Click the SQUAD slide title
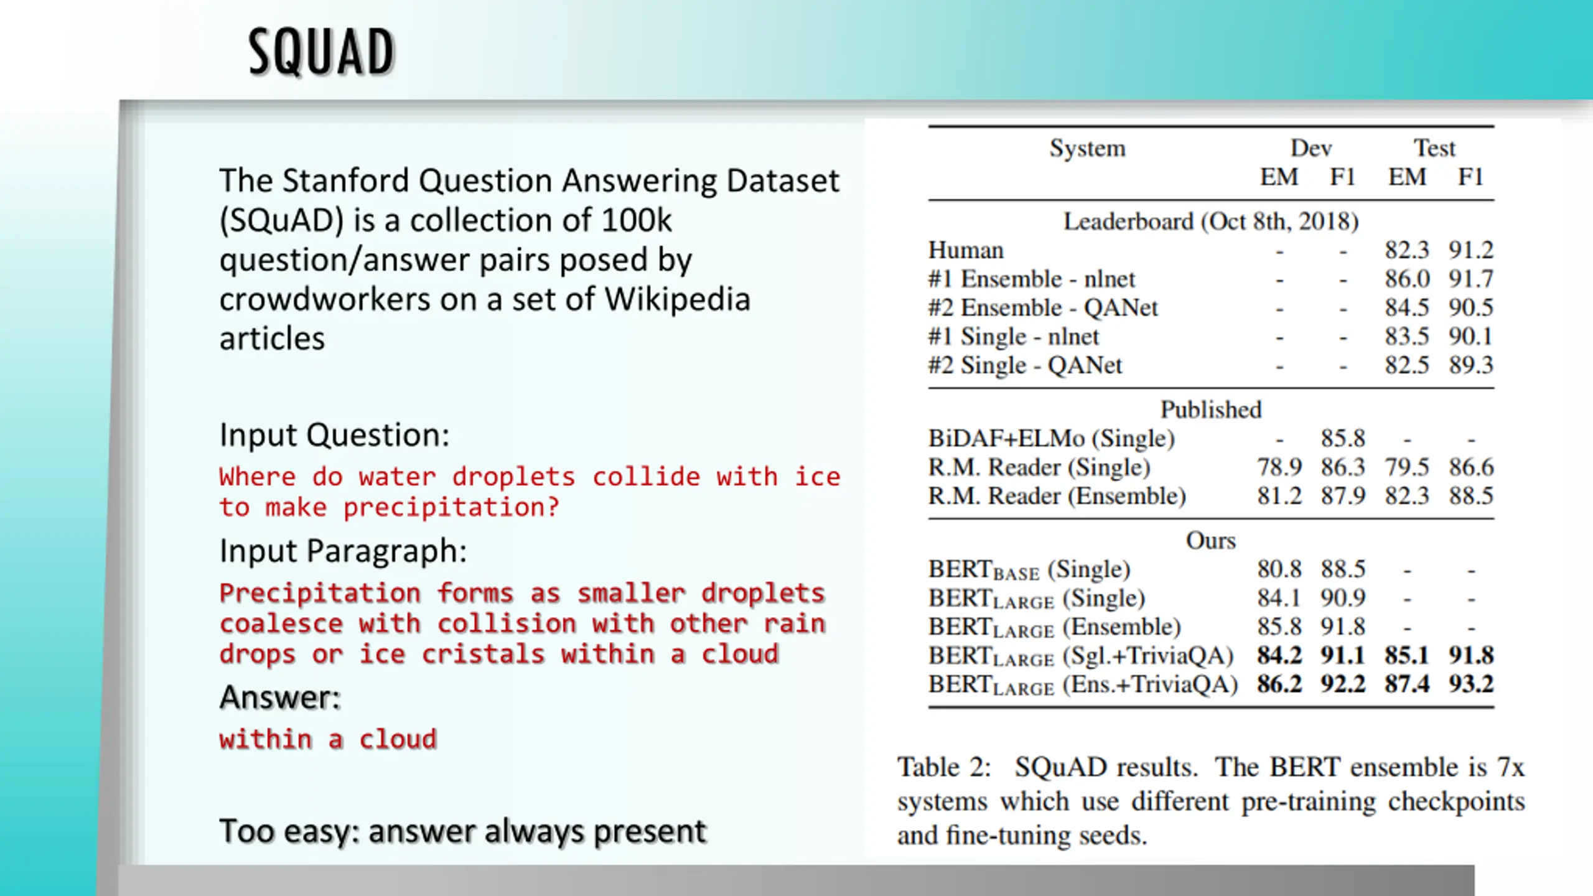322,52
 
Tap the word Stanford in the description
346,181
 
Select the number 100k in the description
637,220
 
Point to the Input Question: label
334,434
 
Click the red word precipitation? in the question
451,508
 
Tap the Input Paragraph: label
343,551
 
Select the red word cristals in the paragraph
483,654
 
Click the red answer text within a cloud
328,739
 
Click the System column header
1088,148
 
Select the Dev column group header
1311,148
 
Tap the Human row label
966,250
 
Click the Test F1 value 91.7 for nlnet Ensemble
1471,279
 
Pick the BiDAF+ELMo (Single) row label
1052,439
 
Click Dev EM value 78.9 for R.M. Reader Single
1279,467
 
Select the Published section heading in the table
1211,409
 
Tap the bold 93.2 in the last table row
1471,684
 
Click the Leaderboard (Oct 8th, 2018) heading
1211,222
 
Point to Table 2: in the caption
944,767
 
